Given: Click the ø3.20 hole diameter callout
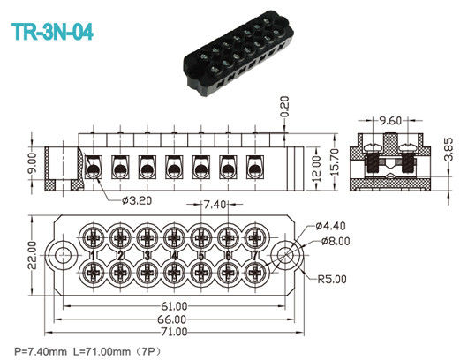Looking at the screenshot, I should click(x=133, y=199).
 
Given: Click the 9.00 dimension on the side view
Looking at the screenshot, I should click(x=32, y=162).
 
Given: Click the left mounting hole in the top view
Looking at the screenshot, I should click(x=63, y=256).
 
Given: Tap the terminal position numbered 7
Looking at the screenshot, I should click(x=256, y=256).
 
